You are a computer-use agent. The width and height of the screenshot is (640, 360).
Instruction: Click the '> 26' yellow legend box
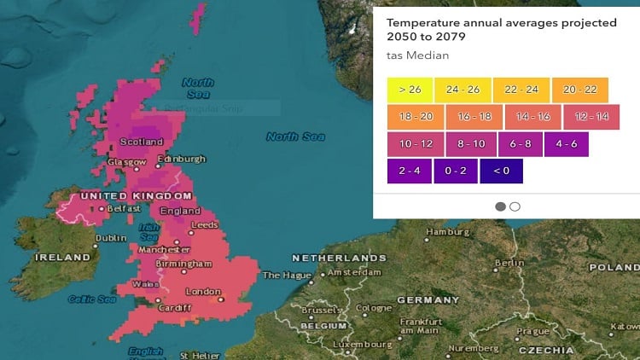pos(409,89)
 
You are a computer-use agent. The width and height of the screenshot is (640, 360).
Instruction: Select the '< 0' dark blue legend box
pos(501,171)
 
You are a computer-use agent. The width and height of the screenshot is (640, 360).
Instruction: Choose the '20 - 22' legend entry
pos(579,89)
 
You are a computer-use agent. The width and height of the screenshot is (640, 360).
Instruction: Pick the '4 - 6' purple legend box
pos(567,144)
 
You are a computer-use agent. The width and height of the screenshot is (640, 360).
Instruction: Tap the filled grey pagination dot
pos(500,206)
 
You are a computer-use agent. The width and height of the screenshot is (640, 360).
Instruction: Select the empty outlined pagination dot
pos(515,206)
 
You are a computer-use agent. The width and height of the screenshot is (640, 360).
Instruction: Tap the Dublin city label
pos(111,238)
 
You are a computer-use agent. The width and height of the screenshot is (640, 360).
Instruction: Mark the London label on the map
pos(203,292)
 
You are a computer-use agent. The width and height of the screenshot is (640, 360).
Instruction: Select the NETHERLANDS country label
pos(339,258)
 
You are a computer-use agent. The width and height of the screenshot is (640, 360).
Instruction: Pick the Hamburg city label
pos(448,231)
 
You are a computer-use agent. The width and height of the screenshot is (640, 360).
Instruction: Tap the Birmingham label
pos(183,264)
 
